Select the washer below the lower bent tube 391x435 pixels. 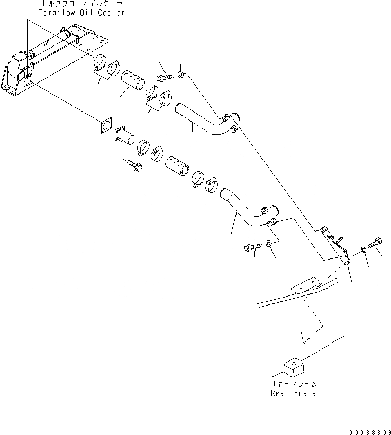coord(269,243)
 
